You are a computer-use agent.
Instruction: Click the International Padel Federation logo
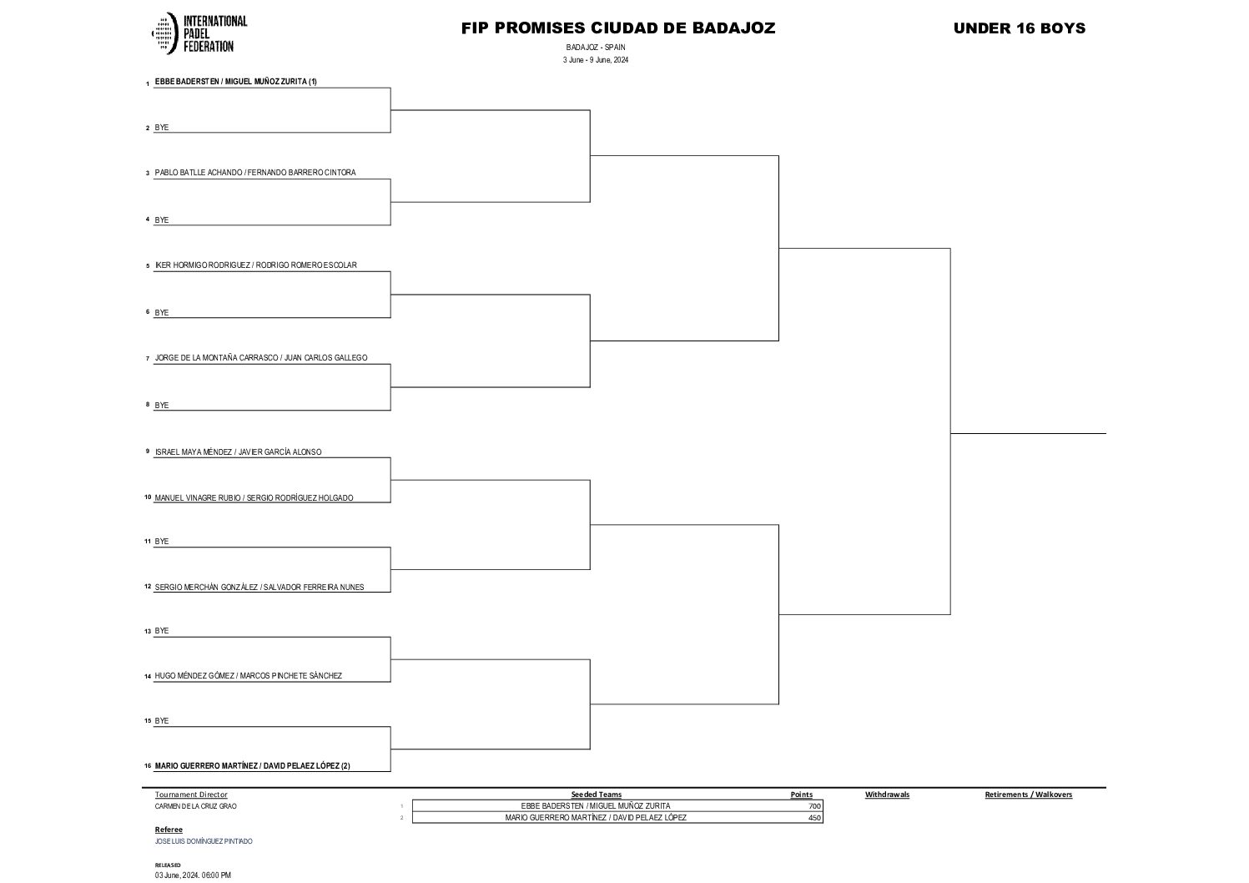click(x=199, y=33)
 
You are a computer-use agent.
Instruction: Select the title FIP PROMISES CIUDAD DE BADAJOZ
click(x=618, y=28)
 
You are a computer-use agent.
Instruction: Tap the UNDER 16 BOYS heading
click(x=1019, y=28)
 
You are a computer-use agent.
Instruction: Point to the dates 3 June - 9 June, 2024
click(x=595, y=60)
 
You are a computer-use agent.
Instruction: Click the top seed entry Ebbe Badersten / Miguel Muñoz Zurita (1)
click(x=236, y=82)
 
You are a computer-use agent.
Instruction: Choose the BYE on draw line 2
click(x=162, y=128)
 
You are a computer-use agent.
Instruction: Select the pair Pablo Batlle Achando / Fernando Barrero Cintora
click(x=255, y=173)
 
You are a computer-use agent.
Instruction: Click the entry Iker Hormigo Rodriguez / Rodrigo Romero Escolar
click(x=256, y=265)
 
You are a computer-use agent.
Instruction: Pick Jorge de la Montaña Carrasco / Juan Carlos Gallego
click(x=261, y=358)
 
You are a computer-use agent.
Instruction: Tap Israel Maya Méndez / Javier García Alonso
click(x=238, y=452)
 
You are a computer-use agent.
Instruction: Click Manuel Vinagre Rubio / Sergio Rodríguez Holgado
click(x=254, y=498)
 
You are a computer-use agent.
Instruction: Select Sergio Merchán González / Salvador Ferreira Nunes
click(x=259, y=587)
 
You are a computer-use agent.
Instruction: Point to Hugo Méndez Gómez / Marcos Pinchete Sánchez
click(x=249, y=676)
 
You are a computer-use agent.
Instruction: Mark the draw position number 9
click(x=147, y=452)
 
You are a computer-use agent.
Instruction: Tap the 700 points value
click(x=814, y=806)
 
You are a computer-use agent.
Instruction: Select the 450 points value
click(x=814, y=818)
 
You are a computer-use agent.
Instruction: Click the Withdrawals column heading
click(x=887, y=795)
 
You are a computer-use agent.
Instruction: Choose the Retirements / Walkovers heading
click(x=1028, y=795)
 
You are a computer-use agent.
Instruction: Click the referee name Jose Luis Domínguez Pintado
click(x=204, y=841)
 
